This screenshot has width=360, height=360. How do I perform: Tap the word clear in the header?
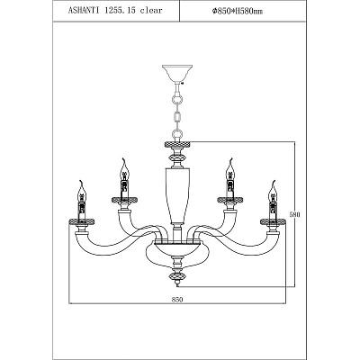151,10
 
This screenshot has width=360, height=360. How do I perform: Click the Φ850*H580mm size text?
237,11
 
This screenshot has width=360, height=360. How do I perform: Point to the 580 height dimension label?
295,214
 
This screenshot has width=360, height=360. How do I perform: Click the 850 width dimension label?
177,299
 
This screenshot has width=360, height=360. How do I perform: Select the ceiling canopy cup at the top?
176,73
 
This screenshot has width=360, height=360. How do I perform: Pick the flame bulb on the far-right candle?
273,192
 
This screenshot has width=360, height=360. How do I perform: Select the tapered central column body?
177,195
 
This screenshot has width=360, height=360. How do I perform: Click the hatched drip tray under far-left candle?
82,222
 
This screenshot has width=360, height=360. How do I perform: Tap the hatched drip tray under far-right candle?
273,222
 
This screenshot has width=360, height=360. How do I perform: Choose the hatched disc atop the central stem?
177,144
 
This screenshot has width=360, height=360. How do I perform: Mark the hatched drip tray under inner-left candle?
124,200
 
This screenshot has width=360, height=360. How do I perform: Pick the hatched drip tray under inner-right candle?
230,200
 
